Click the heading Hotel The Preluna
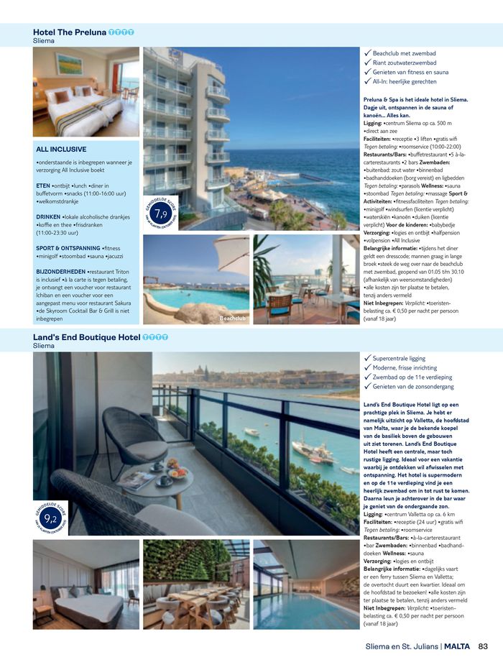70,32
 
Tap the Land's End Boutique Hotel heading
87,336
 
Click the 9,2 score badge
50,518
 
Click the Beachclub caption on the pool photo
234,318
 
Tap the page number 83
483,646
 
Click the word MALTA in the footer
457,646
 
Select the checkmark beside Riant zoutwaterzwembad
367,63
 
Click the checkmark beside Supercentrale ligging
367,358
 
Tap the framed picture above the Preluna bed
69,64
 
